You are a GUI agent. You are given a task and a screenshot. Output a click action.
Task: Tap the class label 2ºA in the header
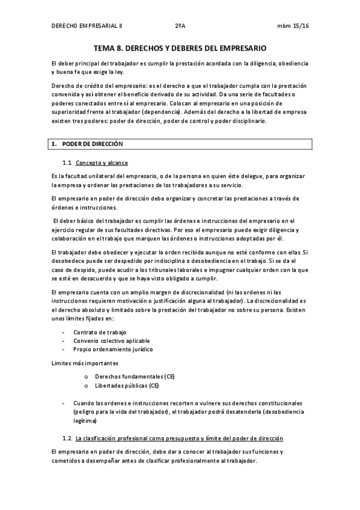(180, 26)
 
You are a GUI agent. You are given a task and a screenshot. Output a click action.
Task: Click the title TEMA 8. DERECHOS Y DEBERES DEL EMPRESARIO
(180, 48)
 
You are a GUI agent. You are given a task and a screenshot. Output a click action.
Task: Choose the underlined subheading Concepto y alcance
(102, 163)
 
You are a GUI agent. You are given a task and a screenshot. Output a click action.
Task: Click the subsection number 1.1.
(67, 163)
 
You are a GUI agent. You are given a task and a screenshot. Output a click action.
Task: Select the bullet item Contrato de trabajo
(100, 332)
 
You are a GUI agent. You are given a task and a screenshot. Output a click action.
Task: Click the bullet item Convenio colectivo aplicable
(112, 340)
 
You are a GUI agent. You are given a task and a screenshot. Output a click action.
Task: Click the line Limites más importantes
(85, 363)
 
